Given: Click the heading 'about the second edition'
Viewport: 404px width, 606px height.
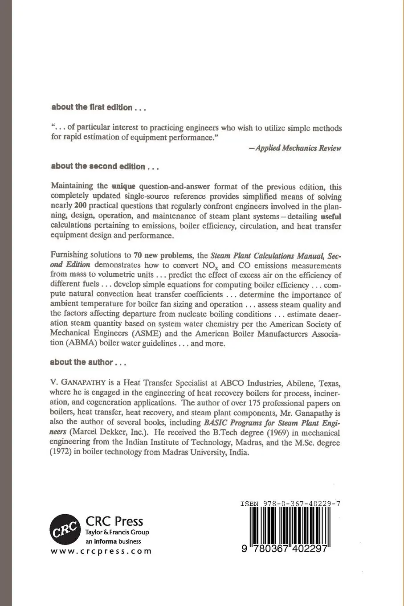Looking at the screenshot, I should [105, 167].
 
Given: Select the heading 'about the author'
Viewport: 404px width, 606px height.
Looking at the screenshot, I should [89, 362].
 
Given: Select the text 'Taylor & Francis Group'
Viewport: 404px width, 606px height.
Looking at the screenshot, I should [117, 532].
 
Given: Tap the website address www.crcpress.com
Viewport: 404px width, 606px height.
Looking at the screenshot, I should [101, 551].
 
